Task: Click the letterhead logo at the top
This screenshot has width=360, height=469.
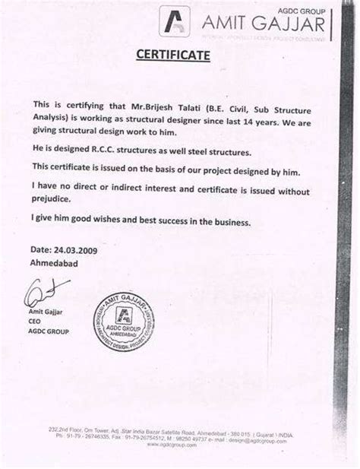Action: click(174, 20)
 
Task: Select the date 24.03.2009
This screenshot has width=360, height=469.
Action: click(74, 249)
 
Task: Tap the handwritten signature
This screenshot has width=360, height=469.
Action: click(46, 290)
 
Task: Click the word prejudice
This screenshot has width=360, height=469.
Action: click(52, 199)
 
